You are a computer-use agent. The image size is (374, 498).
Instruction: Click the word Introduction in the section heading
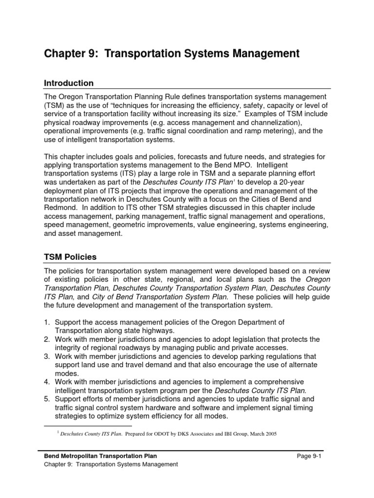(x=69, y=83)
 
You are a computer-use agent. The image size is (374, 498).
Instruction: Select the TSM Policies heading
(x=70, y=256)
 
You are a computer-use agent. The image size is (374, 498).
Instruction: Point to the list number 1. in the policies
(x=47, y=322)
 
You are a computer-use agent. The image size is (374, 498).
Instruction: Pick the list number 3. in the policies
(x=47, y=356)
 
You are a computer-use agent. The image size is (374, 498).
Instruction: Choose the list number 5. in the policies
(x=47, y=399)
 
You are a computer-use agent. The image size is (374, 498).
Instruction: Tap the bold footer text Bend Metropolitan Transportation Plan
(x=101, y=455)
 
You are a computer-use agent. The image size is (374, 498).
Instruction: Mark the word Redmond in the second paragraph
(x=59, y=208)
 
